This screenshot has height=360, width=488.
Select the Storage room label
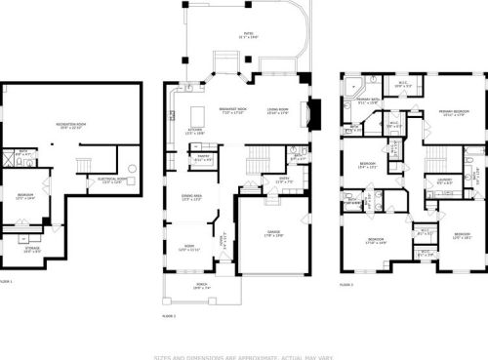(32, 250)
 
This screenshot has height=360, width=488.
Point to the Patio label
(248, 35)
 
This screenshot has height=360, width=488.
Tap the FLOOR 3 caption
(346, 284)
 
